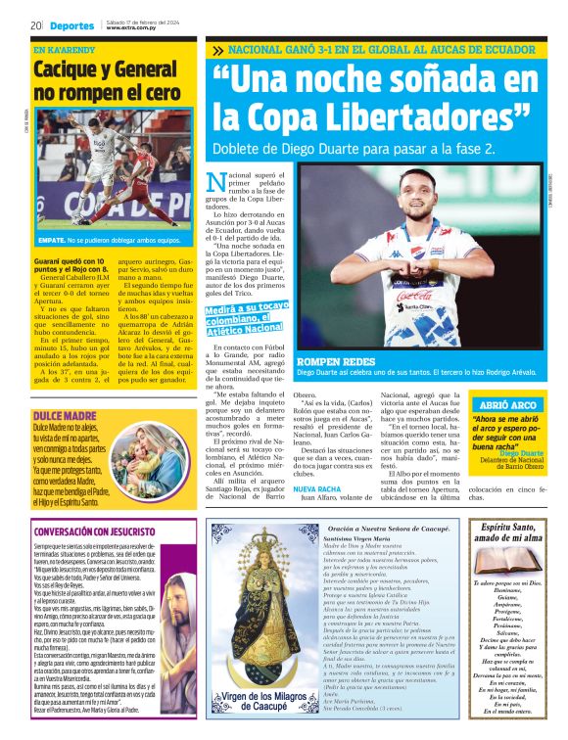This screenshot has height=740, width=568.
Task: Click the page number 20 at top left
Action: [x=35, y=25]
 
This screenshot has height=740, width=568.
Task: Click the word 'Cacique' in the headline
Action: [x=71, y=69]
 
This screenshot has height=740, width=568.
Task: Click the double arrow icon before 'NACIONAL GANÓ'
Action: [x=216, y=50]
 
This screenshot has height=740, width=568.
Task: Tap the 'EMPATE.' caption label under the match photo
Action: [x=52, y=240]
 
